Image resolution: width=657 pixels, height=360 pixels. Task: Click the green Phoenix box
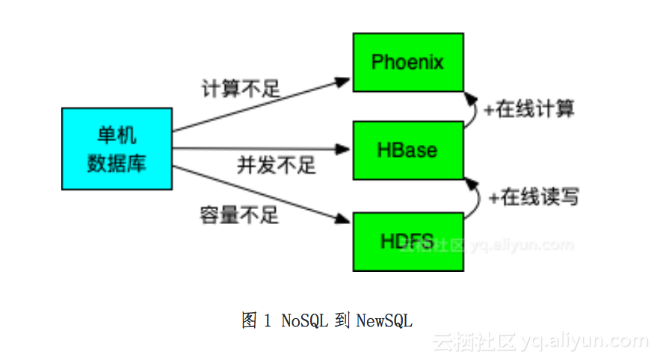407,62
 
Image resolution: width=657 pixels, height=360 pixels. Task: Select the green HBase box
407,150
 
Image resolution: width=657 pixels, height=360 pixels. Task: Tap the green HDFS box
407,241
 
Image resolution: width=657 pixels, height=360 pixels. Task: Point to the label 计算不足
240,89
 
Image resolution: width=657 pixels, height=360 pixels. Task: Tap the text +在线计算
528,109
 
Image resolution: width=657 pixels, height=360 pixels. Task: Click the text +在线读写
533,197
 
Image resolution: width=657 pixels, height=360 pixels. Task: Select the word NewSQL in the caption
384,321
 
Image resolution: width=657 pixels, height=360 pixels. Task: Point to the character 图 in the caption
250,321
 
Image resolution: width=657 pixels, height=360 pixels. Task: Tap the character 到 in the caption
342,321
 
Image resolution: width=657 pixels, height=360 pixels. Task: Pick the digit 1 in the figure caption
268,321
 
